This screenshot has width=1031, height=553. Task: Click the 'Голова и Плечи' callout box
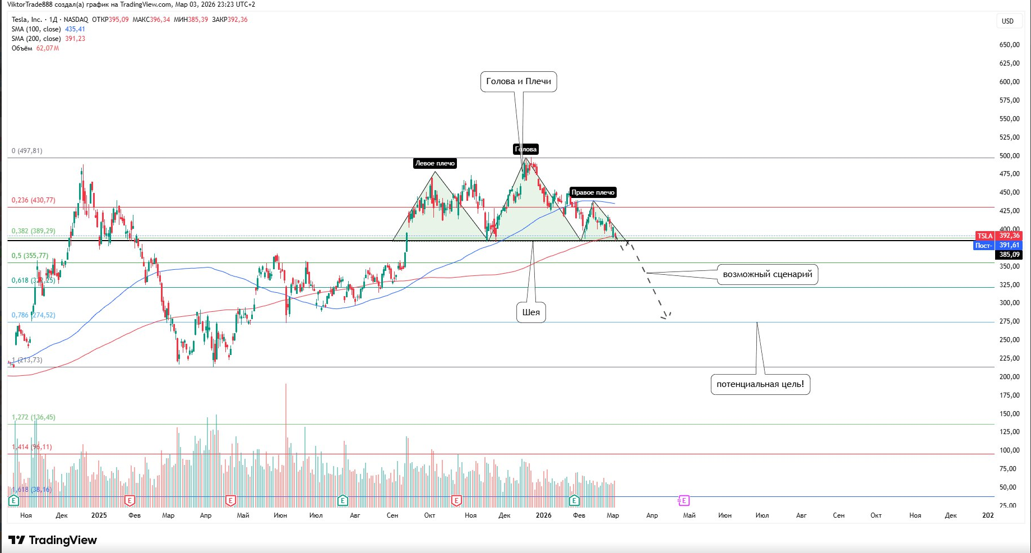519,81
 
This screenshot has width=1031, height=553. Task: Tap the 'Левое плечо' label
434,163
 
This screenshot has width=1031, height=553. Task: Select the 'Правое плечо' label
593,192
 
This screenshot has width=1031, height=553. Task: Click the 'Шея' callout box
531,312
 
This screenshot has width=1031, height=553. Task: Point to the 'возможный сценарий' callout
767,274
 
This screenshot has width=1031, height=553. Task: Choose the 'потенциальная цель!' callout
760,384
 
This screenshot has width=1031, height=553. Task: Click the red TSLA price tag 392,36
998,236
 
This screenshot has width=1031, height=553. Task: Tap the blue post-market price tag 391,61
998,245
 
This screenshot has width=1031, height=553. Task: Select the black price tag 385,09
1009,255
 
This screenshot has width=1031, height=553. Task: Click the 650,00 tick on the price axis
1009,45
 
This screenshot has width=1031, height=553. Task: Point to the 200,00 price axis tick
1009,377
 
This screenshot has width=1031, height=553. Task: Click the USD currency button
1007,21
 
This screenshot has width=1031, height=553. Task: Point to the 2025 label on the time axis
99,515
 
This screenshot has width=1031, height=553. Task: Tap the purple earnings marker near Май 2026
683,500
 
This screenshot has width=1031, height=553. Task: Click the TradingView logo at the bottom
53,540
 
